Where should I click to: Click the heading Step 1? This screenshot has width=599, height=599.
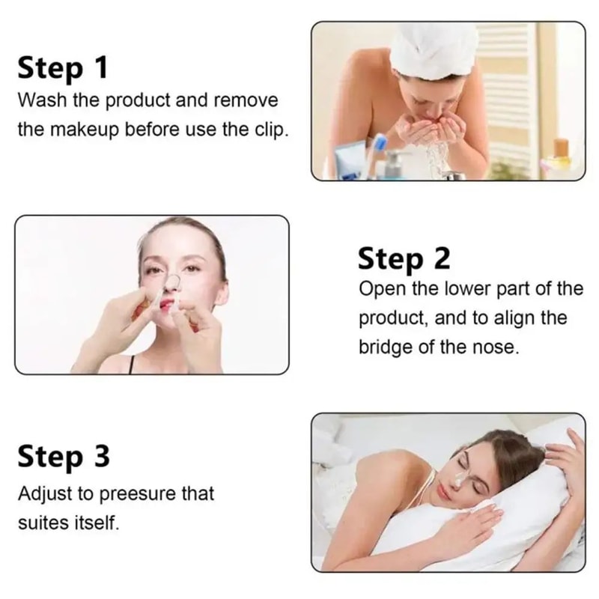63,68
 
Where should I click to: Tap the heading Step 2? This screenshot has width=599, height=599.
404,258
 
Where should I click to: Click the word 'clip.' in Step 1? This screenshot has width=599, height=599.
269,130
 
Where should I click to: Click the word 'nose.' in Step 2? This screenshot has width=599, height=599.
493,347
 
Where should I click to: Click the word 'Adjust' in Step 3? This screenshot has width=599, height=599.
42,494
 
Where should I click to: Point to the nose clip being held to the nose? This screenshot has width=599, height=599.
171,283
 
